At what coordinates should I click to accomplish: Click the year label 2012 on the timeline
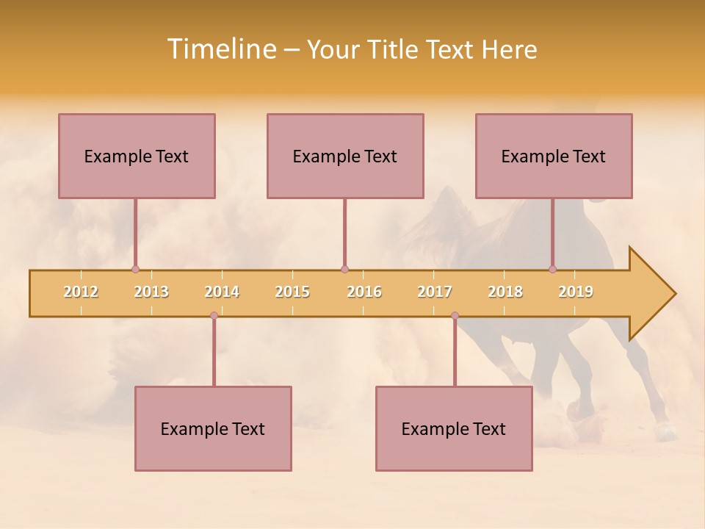pyautogui.click(x=81, y=292)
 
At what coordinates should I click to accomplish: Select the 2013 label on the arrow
pyautogui.click(x=151, y=292)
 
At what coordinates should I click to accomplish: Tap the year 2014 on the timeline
pyautogui.click(x=222, y=292)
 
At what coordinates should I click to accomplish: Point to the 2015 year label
pyautogui.click(x=292, y=292)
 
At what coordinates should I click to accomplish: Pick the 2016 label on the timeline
pyautogui.click(x=364, y=292)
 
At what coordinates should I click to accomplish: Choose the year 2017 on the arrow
pyautogui.click(x=435, y=292)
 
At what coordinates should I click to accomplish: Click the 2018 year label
pyautogui.click(x=505, y=292)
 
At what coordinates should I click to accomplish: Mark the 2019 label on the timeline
pyautogui.click(x=576, y=292)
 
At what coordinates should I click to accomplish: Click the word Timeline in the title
pyautogui.click(x=220, y=49)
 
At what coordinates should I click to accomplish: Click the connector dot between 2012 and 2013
pyautogui.click(x=135, y=269)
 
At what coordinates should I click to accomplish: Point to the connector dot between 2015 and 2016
pyautogui.click(x=344, y=269)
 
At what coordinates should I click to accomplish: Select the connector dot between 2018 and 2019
pyautogui.click(x=552, y=269)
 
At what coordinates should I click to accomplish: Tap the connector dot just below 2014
pyautogui.click(x=214, y=316)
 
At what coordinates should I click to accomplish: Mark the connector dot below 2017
pyautogui.click(x=455, y=316)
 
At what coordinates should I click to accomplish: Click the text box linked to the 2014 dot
pyautogui.click(x=213, y=428)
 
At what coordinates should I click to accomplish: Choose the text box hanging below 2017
pyautogui.click(x=454, y=428)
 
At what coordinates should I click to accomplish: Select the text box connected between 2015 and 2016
pyautogui.click(x=345, y=156)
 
